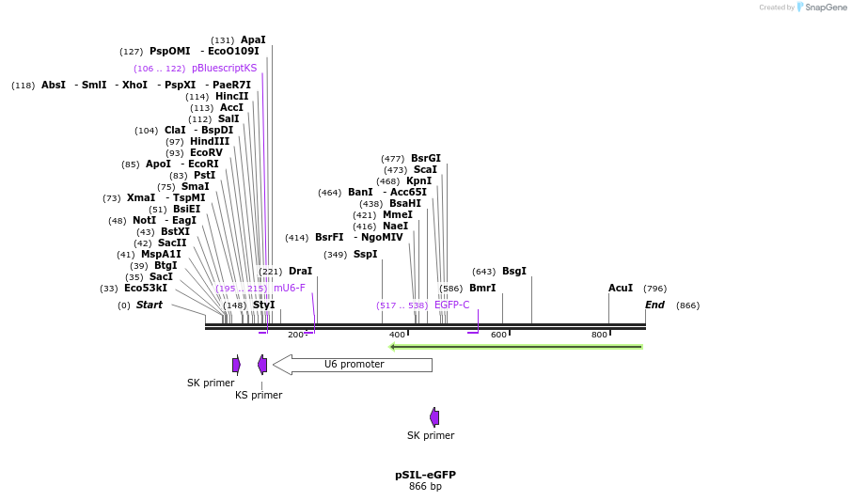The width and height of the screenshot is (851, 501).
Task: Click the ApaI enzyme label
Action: pyautogui.click(x=253, y=39)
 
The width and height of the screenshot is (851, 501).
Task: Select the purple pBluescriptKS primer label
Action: pyautogui.click(x=224, y=68)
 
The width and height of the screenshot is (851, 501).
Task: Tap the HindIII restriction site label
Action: pyautogui.click(x=210, y=141)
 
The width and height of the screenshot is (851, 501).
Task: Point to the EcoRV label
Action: pyautogui.click(x=206, y=152)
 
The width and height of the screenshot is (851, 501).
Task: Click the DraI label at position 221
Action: pyautogui.click(x=300, y=271)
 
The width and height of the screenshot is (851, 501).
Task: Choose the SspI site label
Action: pyautogui.click(x=365, y=254)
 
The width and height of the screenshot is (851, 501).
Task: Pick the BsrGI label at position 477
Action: pyautogui.click(x=425, y=158)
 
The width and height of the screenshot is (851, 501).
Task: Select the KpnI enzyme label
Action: pyautogui.click(x=418, y=180)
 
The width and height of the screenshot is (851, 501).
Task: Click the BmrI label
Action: pyautogui.click(x=481, y=288)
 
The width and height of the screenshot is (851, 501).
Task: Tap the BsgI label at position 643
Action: pyautogui.click(x=513, y=271)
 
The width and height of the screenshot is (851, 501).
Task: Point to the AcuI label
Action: pyautogui.click(x=620, y=288)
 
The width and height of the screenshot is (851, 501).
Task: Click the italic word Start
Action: pyautogui.click(x=149, y=305)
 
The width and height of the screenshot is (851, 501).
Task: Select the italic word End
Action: pyautogui.click(x=654, y=305)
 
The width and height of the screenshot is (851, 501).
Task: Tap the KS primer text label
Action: pyautogui.click(x=258, y=395)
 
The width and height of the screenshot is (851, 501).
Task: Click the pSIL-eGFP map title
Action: pyautogui.click(x=425, y=475)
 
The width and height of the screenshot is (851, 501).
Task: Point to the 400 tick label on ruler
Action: pyautogui.click(x=397, y=335)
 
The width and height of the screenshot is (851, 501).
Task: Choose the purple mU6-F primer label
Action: pyautogui.click(x=289, y=288)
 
